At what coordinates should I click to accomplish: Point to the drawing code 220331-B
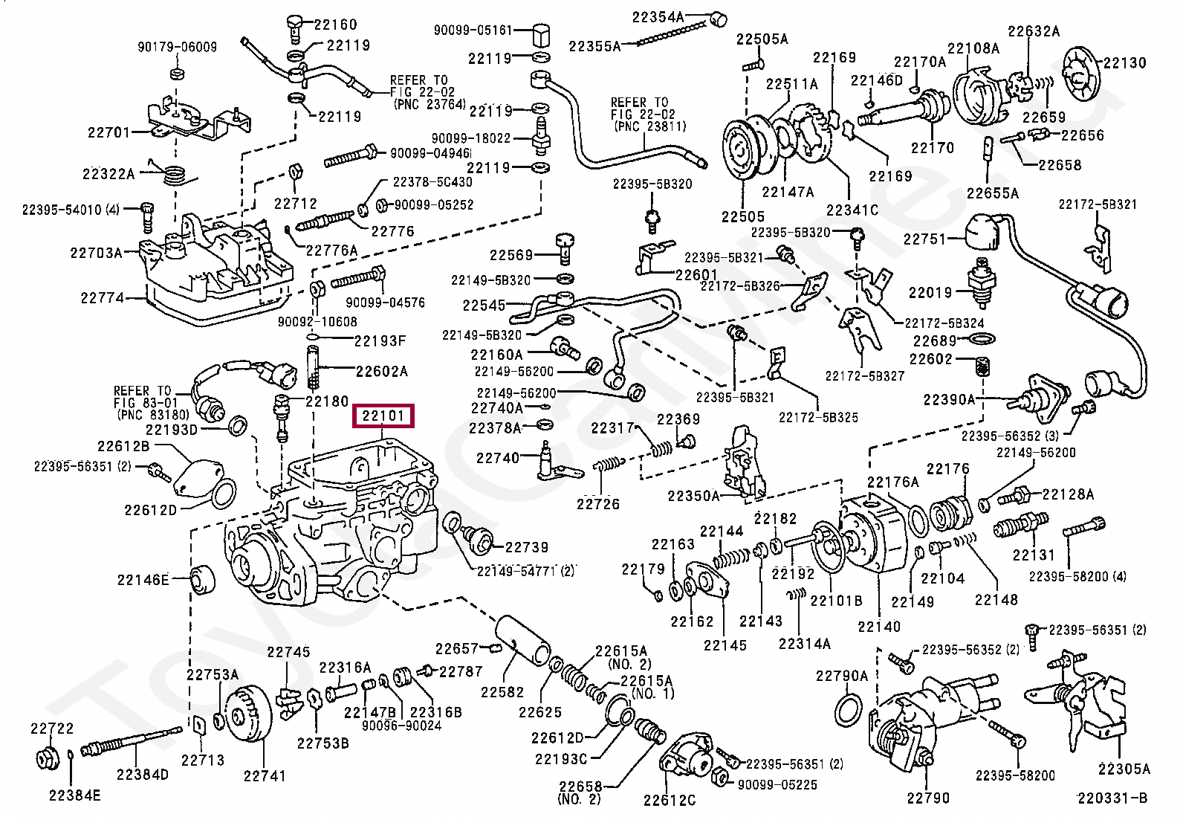click(1112, 798)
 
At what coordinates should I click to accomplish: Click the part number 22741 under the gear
click(264, 776)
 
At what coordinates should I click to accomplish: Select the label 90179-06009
click(177, 47)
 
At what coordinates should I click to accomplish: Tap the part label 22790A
click(841, 676)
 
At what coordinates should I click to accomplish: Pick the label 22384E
click(74, 796)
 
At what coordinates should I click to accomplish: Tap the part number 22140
click(878, 627)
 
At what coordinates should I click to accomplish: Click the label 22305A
click(1124, 769)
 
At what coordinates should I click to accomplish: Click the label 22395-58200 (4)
click(1077, 575)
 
